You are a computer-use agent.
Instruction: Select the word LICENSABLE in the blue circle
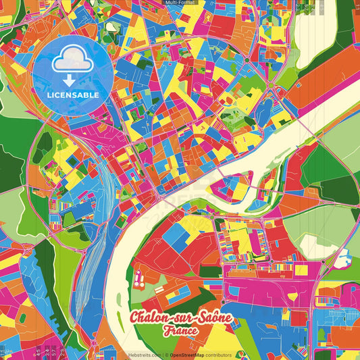73,95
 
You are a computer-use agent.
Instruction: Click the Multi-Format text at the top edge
180,3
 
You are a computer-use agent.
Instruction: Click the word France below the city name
180,331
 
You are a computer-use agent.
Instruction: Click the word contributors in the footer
219,355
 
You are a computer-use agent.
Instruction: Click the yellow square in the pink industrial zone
301,270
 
